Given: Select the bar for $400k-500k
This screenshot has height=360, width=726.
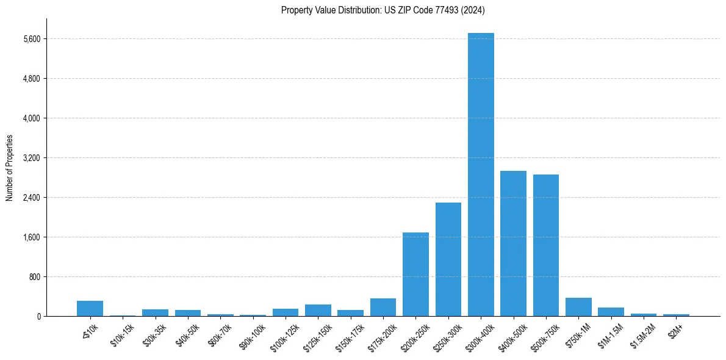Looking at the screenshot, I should coord(513,243).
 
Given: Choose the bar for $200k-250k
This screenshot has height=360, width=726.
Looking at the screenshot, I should coord(415,274).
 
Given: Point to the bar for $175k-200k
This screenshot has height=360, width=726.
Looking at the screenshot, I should coord(383,307).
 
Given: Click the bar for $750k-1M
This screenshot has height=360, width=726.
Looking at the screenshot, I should coord(578,307).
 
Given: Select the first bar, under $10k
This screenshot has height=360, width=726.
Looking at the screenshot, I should coord(90,308).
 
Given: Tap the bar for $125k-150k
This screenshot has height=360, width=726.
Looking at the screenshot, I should coord(318,310).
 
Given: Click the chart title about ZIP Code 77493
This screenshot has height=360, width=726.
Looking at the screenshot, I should coord(383,10).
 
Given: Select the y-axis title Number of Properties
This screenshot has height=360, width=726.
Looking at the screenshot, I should coord(10,168).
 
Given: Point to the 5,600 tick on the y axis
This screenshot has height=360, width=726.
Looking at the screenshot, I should coord(31,39).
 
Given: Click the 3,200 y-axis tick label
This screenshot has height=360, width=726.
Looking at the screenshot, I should coord(31,158).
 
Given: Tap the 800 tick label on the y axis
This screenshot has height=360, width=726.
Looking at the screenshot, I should coord(34,277).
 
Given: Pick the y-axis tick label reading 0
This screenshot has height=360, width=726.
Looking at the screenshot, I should coord(38,317).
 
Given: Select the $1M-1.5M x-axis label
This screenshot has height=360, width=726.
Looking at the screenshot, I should coord(610,335).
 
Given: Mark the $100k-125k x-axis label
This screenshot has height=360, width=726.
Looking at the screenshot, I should coord(284,336).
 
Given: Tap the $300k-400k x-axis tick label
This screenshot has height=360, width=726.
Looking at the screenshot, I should coord(480,336).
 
